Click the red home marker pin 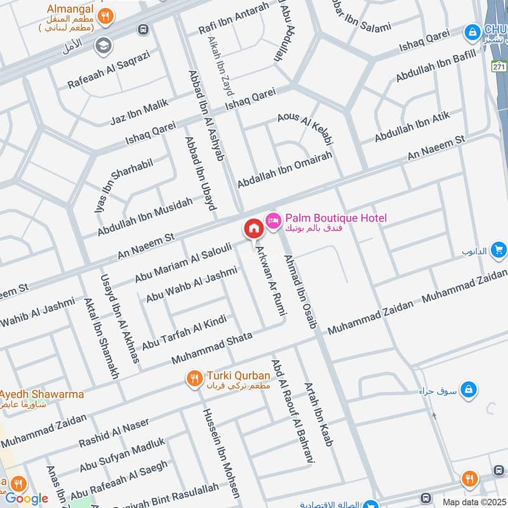click(x=253, y=229)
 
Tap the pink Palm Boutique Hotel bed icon click(x=274, y=219)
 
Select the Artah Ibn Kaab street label click(x=319, y=414)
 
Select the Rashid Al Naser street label click(x=114, y=431)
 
